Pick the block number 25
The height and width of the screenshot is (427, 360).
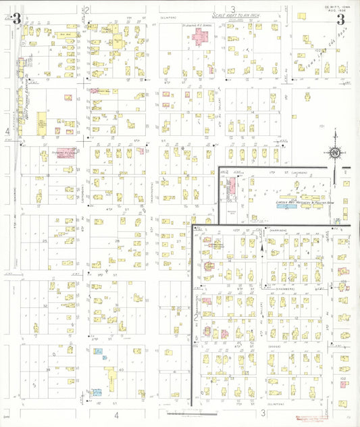click(x=45, y=241)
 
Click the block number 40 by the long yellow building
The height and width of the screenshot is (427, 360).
click(x=121, y=370)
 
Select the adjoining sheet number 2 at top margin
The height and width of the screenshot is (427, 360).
click(x=88, y=10)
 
